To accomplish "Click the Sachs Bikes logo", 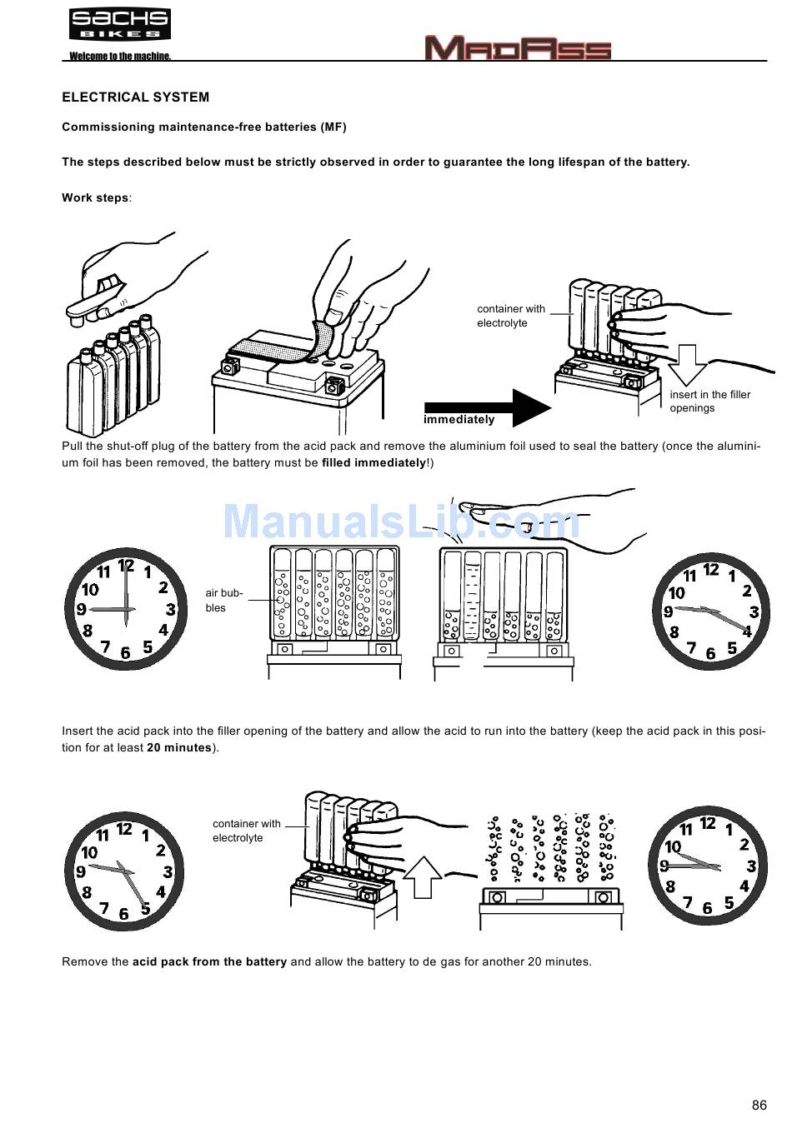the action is coord(120,24).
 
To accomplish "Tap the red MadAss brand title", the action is coord(518,47).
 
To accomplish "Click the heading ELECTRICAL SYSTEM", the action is coord(136,97).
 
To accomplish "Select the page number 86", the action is coord(759,1106).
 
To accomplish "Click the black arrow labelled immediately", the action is coord(488,407).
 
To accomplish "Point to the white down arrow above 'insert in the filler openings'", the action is coord(687,365).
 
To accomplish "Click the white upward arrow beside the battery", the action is coord(423,877).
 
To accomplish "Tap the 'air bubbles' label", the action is coord(224,601).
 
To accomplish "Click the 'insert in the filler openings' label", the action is coord(710,401).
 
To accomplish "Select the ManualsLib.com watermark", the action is coord(401,521).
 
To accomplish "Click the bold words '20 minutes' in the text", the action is coord(179,747).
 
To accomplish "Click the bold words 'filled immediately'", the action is coord(374,463).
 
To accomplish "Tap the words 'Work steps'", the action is coord(95,197).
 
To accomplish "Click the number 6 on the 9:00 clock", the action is coord(126,653).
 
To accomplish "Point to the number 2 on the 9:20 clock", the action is coord(747,591).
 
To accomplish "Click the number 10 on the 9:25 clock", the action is coord(89,853).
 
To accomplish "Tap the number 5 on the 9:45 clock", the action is coord(729,902).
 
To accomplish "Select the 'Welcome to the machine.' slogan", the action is coord(120,56).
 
